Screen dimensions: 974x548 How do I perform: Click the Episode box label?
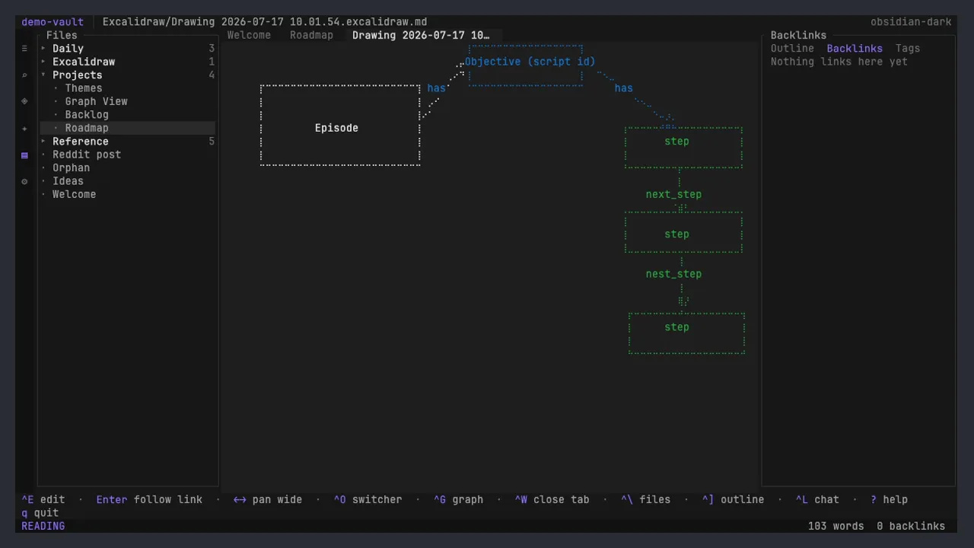tap(336, 128)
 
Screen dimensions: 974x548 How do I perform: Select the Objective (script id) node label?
tap(530, 62)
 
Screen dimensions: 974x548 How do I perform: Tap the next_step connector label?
tap(673, 194)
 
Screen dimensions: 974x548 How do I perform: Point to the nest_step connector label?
tap(673, 274)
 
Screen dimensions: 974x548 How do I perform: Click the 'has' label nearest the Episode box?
tap(436, 88)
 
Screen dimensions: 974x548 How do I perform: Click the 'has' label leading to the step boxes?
tap(623, 88)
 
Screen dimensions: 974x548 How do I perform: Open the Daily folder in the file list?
tap(68, 49)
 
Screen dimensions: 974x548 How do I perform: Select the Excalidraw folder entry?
tap(84, 62)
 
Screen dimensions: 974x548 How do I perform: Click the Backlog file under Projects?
tap(87, 115)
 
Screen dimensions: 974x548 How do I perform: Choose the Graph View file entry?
tap(97, 101)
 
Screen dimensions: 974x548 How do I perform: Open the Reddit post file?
tap(87, 155)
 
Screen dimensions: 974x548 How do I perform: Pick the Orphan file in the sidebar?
tap(72, 168)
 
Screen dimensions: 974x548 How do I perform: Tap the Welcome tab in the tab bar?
tap(249, 35)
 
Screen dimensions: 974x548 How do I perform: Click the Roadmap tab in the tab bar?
tap(311, 35)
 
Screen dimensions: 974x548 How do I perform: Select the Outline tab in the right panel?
tap(792, 49)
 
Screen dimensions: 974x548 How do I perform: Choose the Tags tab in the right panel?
tap(908, 49)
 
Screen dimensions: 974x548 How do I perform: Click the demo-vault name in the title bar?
tap(53, 22)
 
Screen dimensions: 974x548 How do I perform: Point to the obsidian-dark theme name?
tap(911, 22)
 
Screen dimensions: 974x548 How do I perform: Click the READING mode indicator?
tap(43, 526)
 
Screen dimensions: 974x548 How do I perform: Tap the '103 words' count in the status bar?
tap(836, 526)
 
